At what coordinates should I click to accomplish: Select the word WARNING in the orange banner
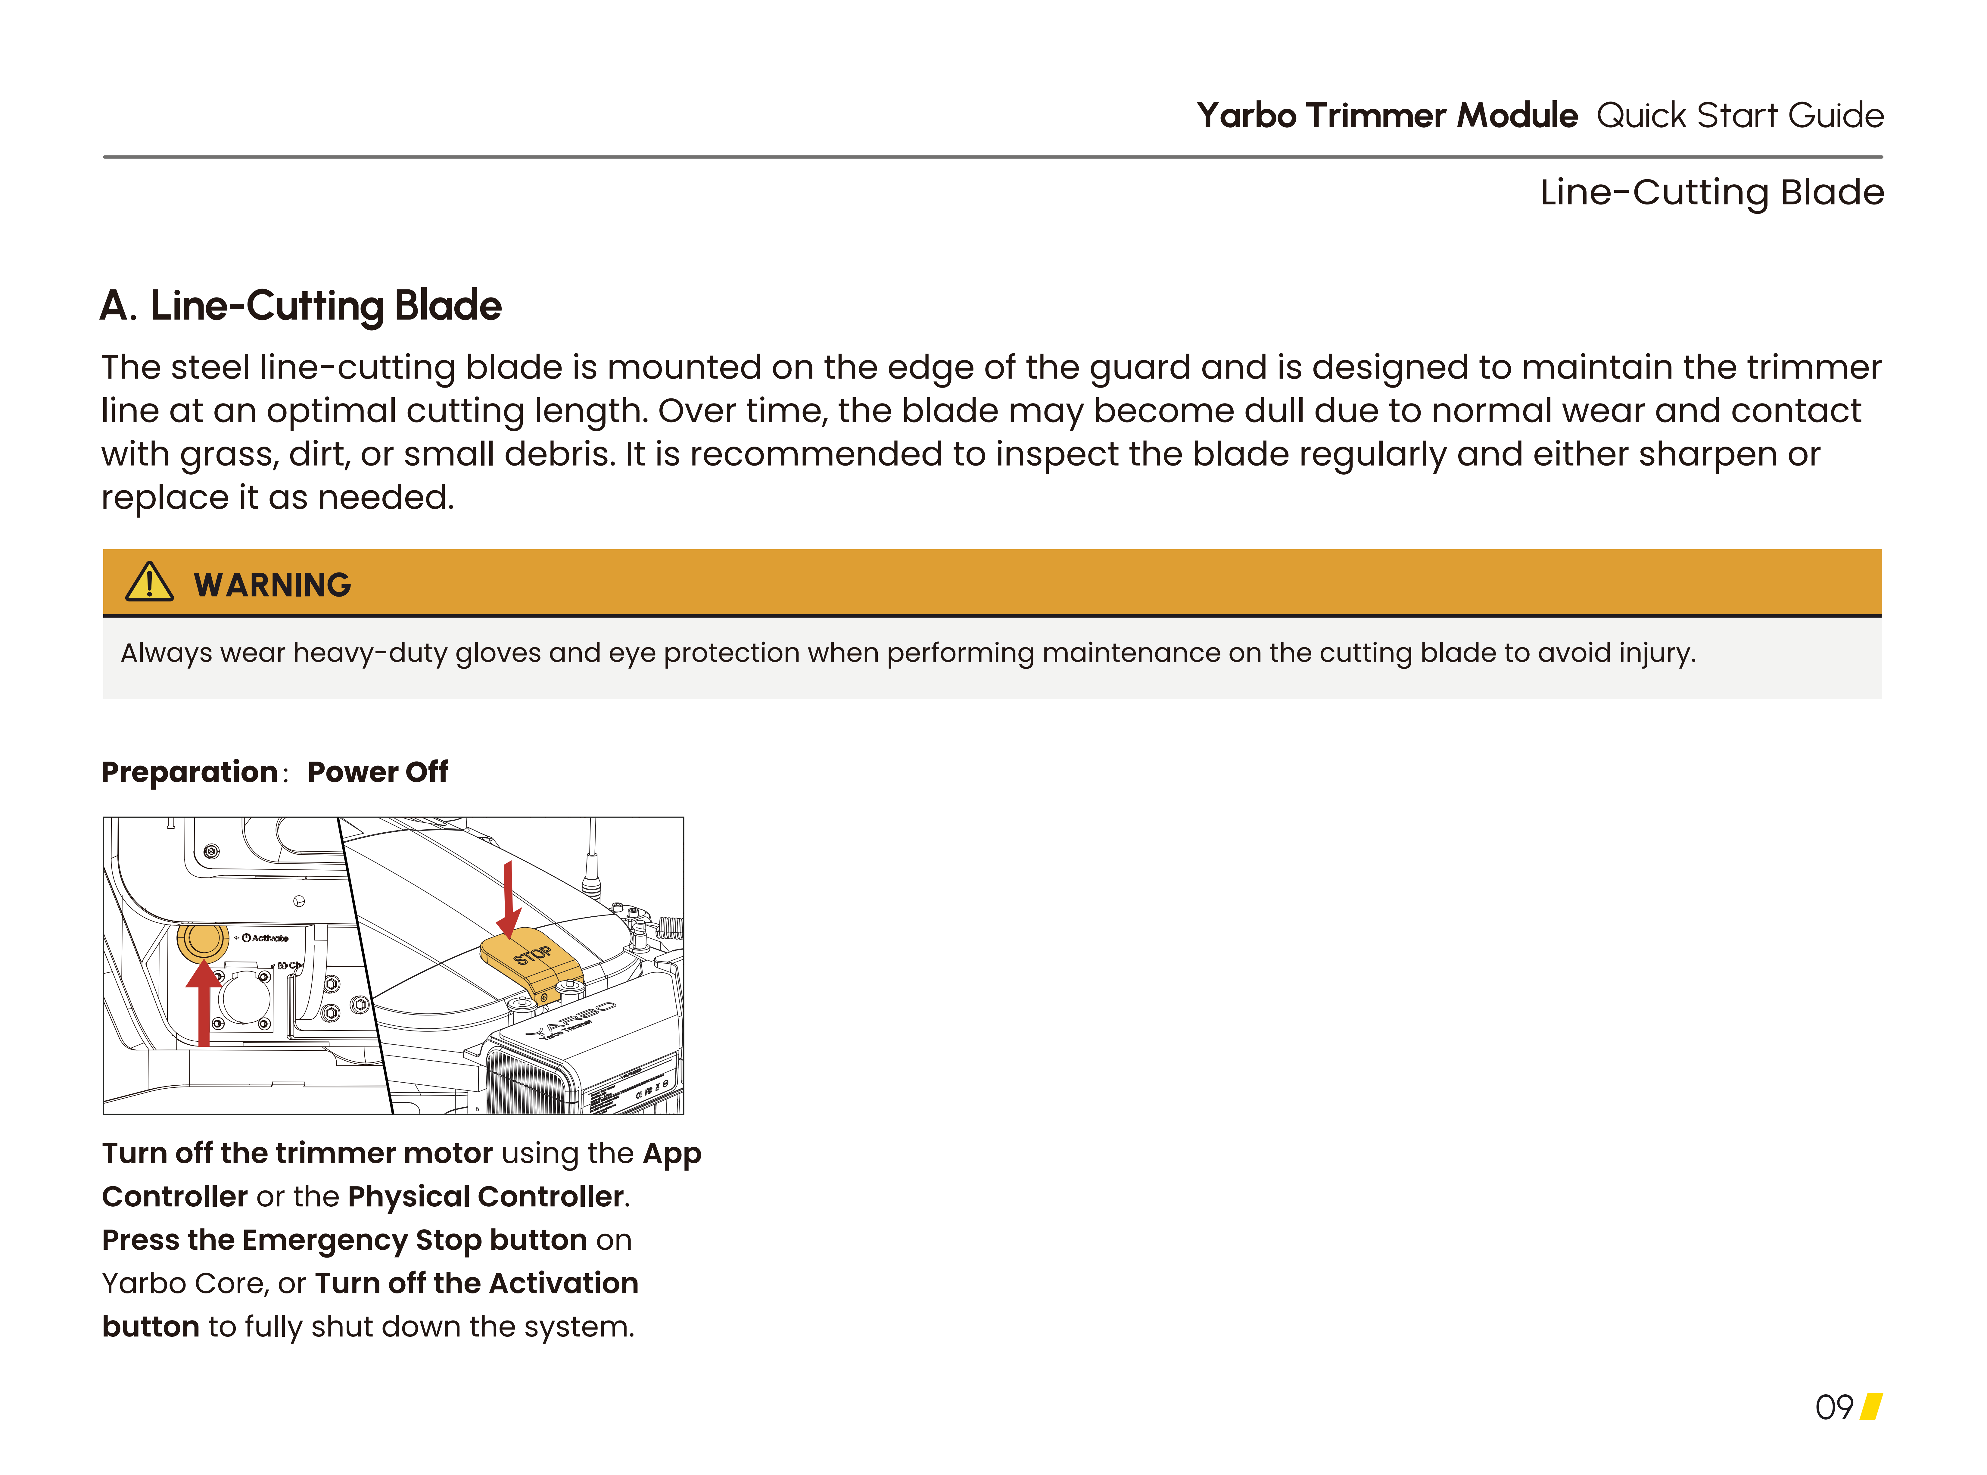click(272, 585)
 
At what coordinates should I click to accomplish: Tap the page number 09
click(1833, 1408)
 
